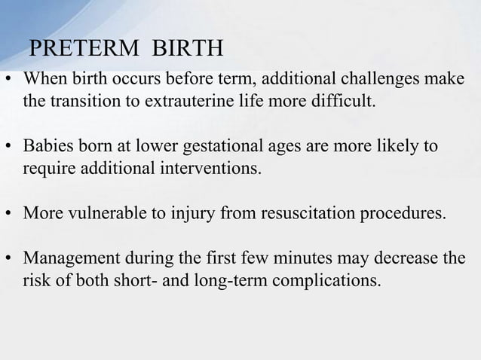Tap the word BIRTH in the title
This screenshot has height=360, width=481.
pos(188,49)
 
